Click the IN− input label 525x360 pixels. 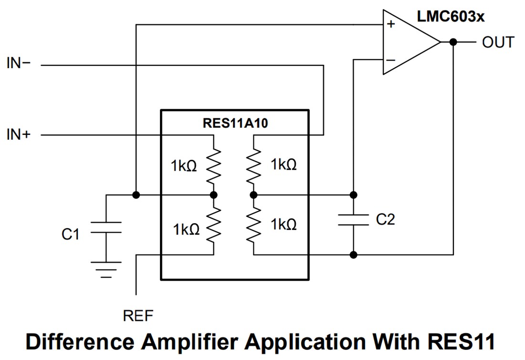click(18, 64)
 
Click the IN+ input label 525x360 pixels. click(18, 135)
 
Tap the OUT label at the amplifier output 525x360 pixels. click(498, 42)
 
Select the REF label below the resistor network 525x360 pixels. click(138, 316)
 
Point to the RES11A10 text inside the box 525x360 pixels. click(235, 123)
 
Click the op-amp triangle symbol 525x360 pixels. click(408, 42)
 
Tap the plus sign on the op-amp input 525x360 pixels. click(391, 24)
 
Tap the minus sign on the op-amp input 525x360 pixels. click(390, 60)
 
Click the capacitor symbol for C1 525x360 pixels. click(105, 227)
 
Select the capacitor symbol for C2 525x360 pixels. click(353, 220)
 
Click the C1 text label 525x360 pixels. click(71, 234)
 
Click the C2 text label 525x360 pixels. click(386, 220)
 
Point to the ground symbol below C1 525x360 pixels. click(105, 269)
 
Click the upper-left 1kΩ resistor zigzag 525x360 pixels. click(213, 165)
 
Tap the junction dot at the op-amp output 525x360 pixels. click(453, 42)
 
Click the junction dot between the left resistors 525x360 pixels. click(214, 195)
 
